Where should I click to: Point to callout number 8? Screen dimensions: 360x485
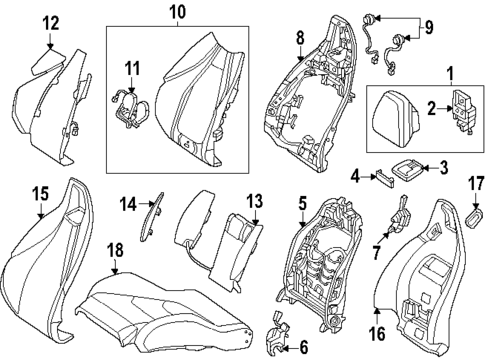(298, 39)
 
